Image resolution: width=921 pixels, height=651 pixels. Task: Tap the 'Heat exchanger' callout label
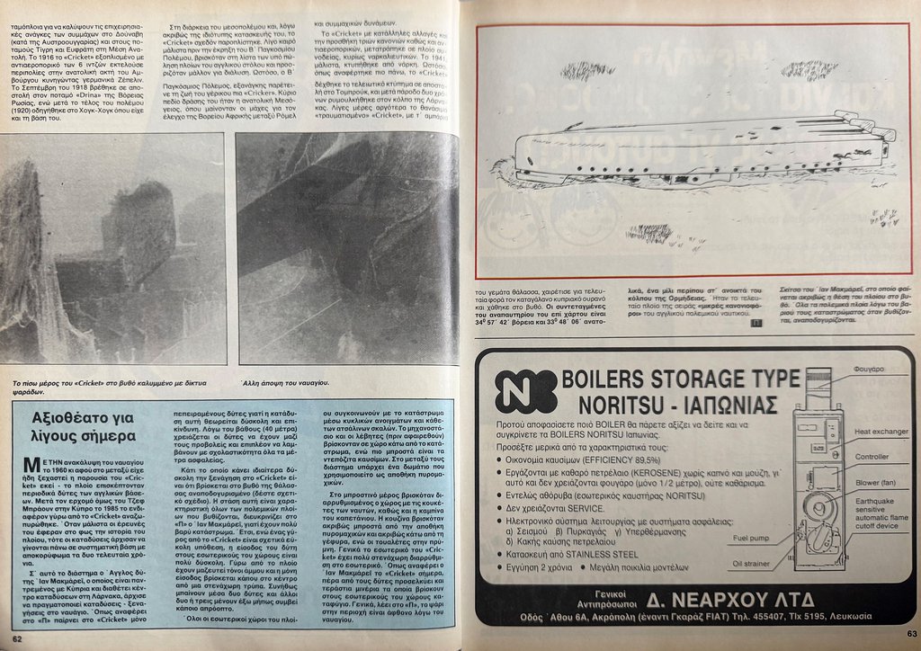tap(881, 432)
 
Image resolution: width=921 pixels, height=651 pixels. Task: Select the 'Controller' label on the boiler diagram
tap(872, 457)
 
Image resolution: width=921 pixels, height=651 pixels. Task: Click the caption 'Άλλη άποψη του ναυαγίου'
tap(290, 383)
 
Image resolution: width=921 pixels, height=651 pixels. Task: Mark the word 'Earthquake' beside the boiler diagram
tap(874, 501)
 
